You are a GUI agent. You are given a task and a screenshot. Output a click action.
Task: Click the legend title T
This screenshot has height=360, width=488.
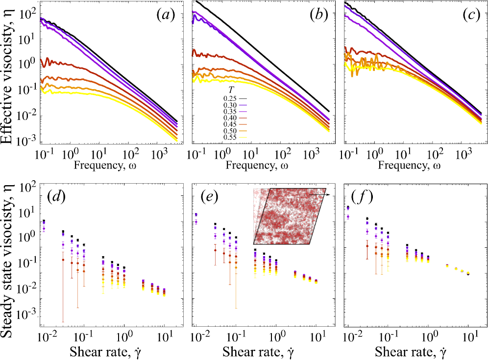pos(229,90)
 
